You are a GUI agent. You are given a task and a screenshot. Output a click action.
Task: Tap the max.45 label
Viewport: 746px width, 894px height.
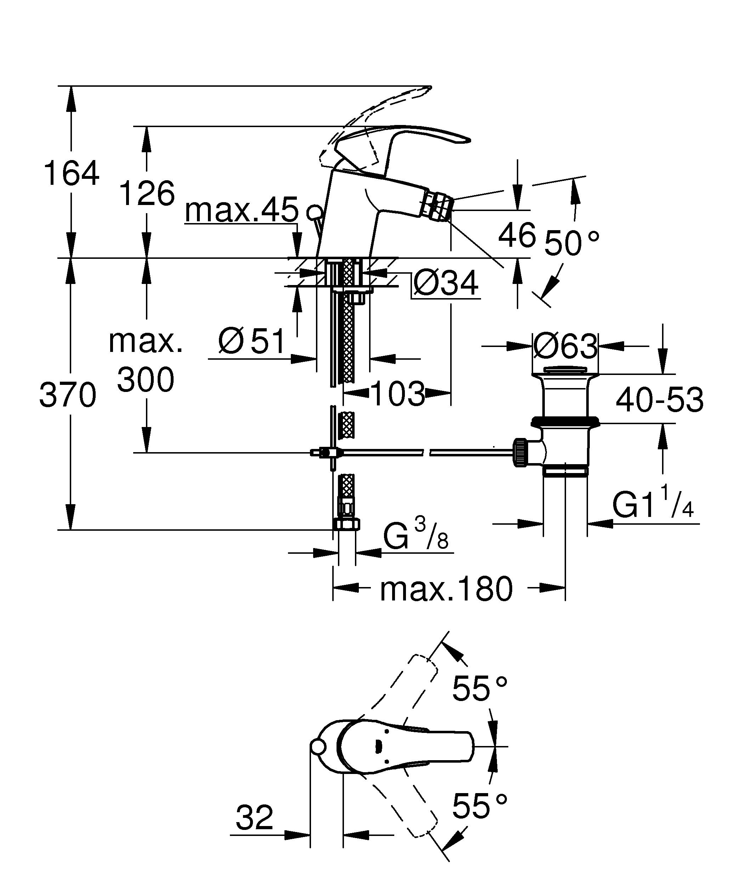click(x=242, y=210)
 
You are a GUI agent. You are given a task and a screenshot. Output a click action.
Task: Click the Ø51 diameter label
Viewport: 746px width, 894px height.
click(x=251, y=342)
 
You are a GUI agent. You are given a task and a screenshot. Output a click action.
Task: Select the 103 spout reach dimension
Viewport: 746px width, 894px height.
click(x=398, y=393)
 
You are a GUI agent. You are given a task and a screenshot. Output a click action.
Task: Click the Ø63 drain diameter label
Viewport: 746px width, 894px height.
click(x=565, y=346)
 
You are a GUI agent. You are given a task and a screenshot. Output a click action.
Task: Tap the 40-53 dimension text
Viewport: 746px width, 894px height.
click(x=660, y=400)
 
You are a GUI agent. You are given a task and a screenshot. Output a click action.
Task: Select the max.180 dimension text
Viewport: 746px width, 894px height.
click(x=446, y=590)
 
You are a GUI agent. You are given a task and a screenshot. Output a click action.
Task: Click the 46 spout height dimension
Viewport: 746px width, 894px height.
click(x=517, y=235)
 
